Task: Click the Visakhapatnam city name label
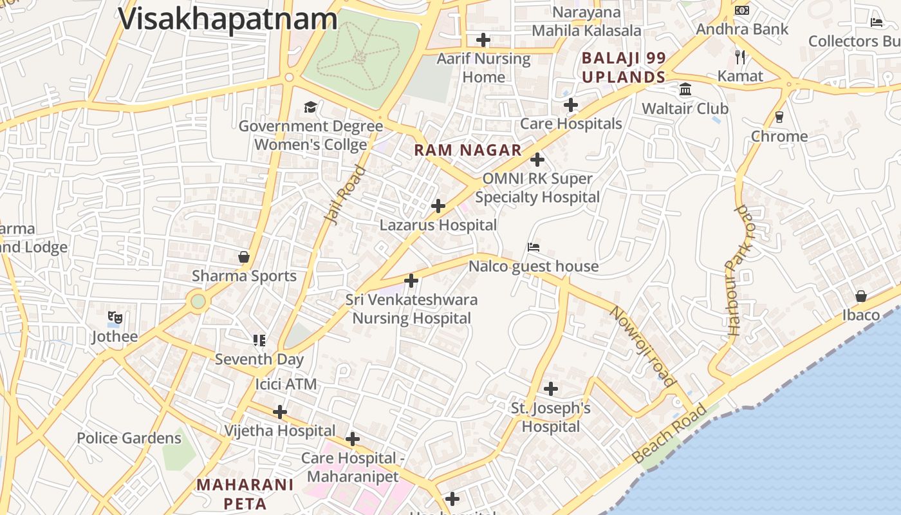(228, 18)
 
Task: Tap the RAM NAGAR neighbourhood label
(468, 151)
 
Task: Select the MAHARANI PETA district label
(245, 494)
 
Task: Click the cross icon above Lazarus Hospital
(438, 206)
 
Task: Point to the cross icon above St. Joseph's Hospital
(551, 389)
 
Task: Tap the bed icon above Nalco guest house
(534, 247)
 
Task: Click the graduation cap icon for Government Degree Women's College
(311, 107)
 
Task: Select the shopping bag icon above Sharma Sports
(244, 257)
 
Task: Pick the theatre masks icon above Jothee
(115, 317)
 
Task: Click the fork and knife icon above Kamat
(740, 57)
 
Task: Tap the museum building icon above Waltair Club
(685, 89)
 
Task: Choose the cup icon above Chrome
(779, 117)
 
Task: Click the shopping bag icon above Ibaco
(861, 296)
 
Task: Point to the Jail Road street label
(346, 195)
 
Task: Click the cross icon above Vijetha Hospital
(280, 411)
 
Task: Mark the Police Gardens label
(129, 438)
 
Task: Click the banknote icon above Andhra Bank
(742, 10)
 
